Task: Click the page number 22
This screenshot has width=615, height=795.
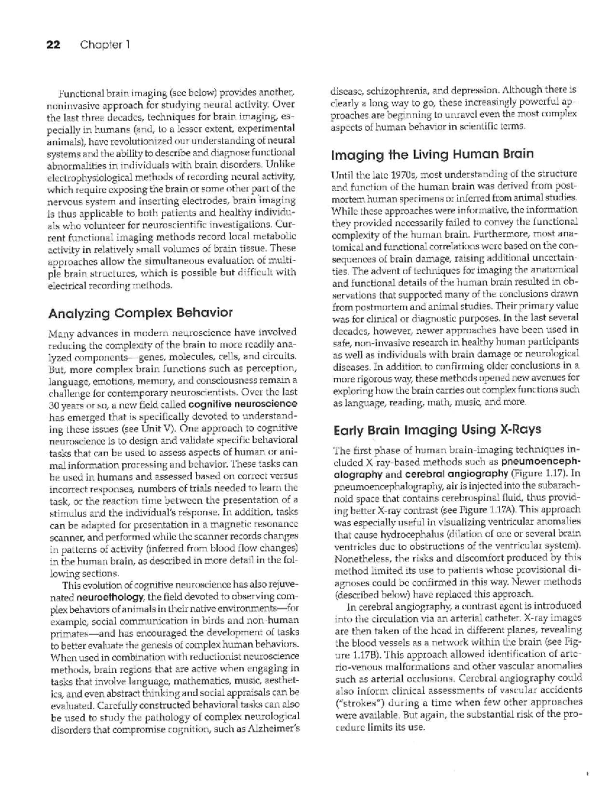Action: coord(53,45)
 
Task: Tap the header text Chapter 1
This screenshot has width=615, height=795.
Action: coord(105,45)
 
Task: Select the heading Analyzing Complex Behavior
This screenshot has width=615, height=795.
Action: coord(140,312)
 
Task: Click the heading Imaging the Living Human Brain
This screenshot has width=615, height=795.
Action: coord(433,154)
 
